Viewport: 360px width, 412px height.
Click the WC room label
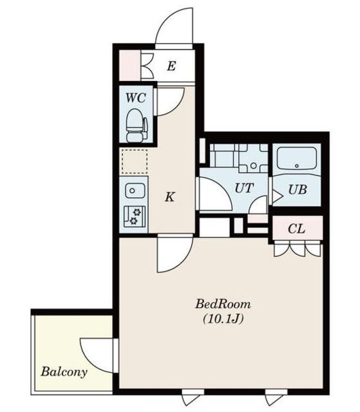(136, 98)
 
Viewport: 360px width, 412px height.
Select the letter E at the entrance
(171, 66)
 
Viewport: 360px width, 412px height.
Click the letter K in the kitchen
(170, 196)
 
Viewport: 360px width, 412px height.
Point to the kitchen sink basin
(135, 191)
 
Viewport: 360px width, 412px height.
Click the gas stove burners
(135, 216)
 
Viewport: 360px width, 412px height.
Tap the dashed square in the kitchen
(135, 162)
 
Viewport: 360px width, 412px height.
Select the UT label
(244, 188)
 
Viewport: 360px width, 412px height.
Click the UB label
(298, 189)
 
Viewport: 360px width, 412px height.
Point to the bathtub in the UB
(297, 159)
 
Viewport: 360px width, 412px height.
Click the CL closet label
(296, 229)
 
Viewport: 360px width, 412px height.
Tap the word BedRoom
(223, 304)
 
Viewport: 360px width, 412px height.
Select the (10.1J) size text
(223, 319)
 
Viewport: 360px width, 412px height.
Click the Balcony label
(64, 371)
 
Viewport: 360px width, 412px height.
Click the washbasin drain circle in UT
(253, 166)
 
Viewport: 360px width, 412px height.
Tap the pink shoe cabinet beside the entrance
(130, 66)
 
